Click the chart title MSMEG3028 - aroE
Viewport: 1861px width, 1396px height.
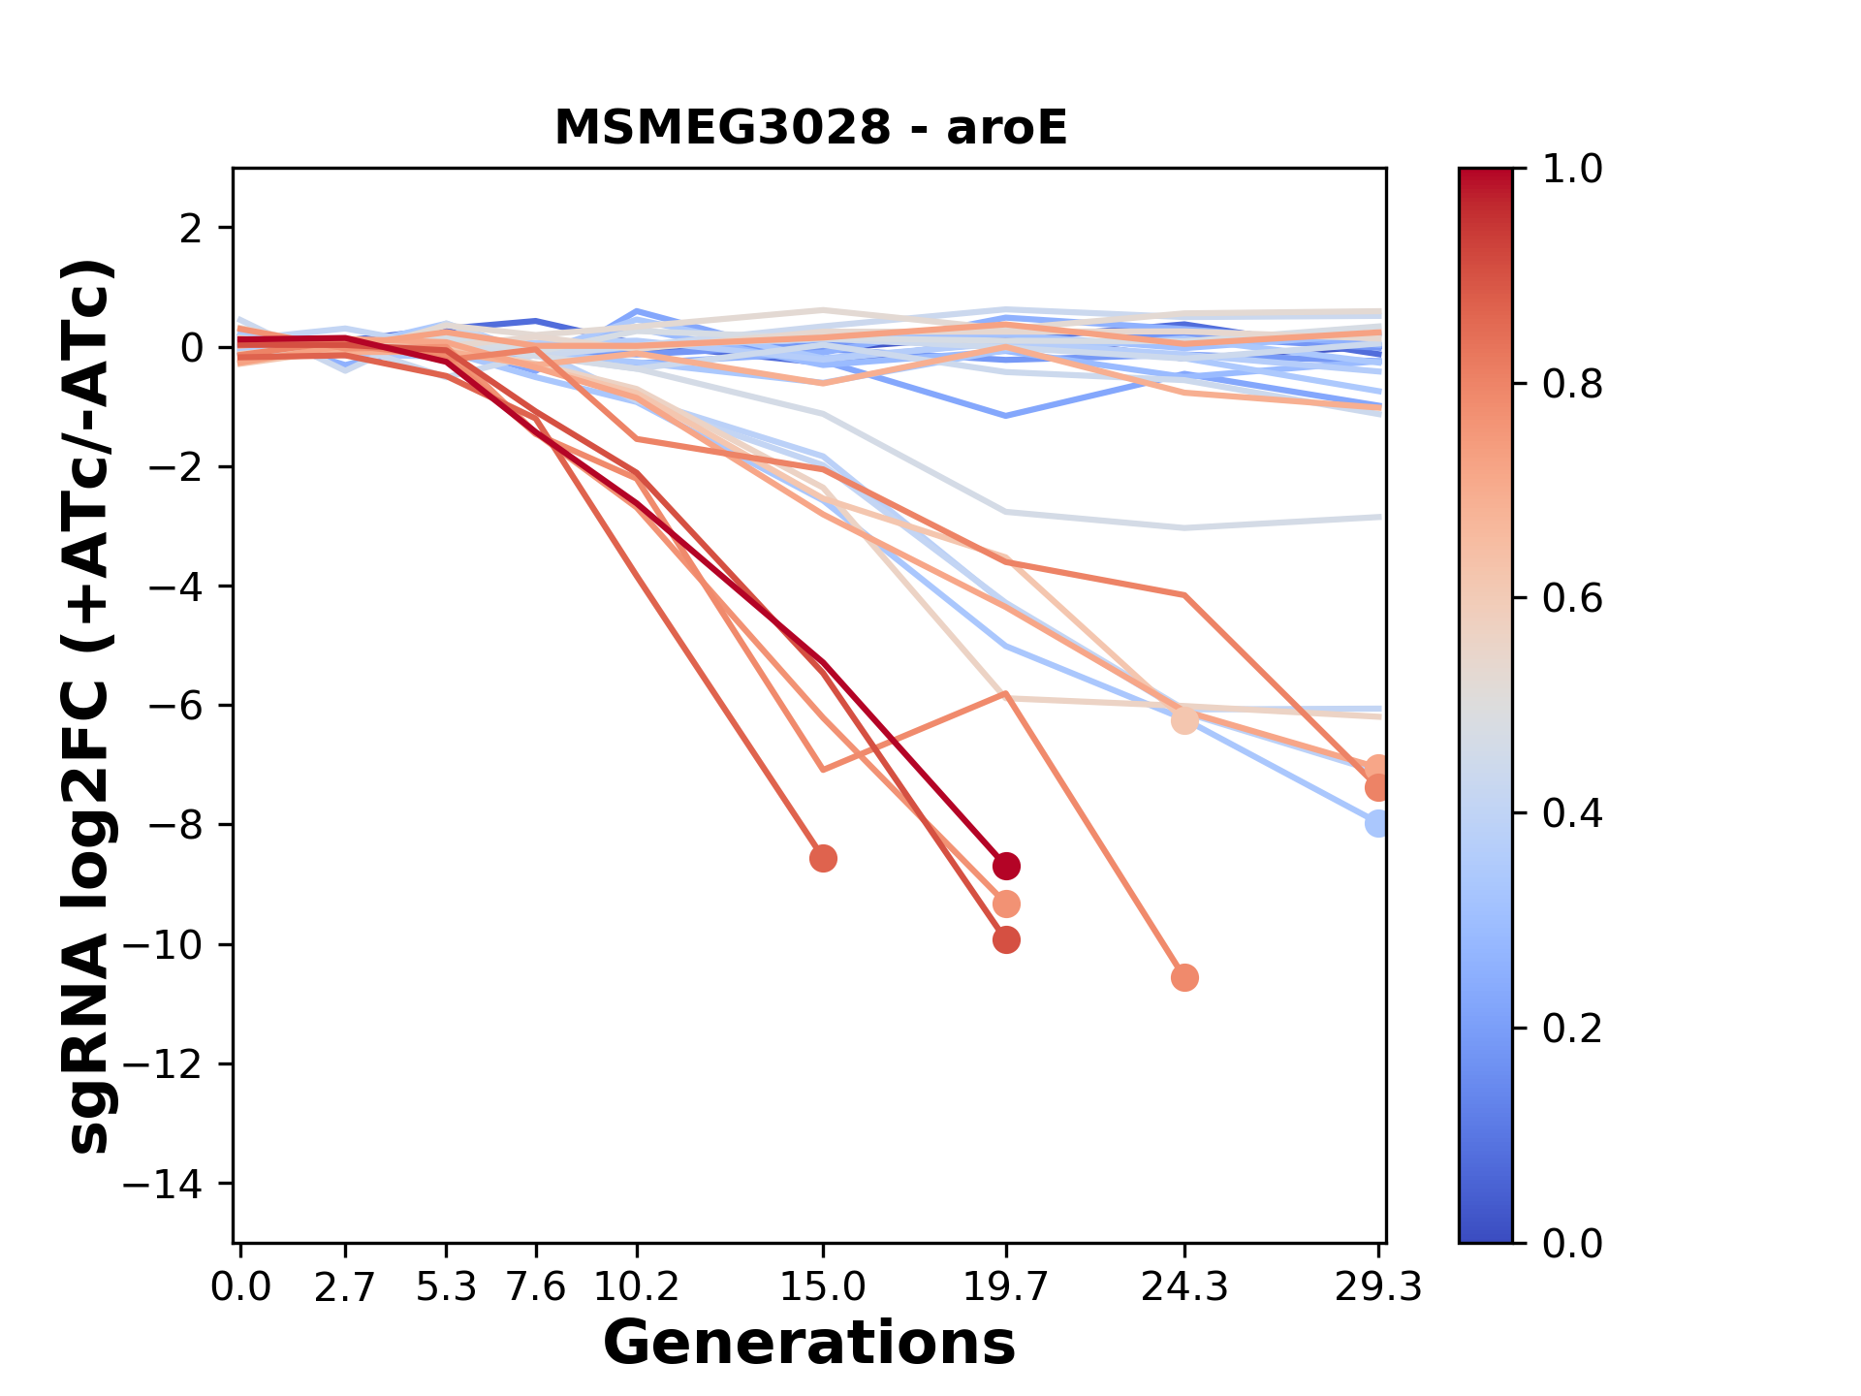coord(810,128)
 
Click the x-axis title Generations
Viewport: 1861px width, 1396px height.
coord(809,1344)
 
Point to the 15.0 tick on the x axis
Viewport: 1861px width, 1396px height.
coord(823,1287)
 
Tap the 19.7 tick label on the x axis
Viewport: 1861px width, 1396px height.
coord(1006,1287)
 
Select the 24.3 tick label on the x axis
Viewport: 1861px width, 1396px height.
coord(1183,1287)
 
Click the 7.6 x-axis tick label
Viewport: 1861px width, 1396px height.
coord(536,1287)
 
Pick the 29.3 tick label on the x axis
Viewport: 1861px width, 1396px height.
coord(1378,1287)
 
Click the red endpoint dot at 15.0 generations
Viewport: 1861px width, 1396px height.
coord(823,859)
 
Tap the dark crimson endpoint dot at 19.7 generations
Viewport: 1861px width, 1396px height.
coord(1006,866)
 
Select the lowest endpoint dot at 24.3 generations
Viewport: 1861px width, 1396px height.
coord(1184,977)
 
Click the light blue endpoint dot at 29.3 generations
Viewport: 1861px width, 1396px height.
coord(1377,823)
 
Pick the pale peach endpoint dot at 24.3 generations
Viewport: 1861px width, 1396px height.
coord(1184,720)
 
